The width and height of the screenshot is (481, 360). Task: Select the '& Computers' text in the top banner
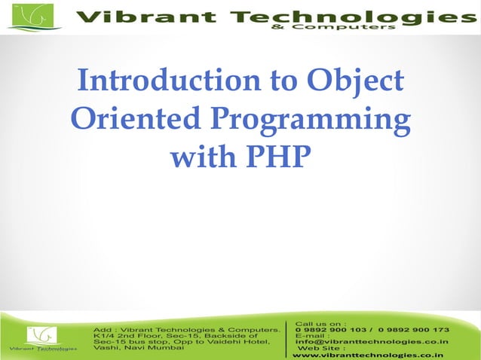point(355,28)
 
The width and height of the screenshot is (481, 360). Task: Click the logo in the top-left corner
point(35,17)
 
